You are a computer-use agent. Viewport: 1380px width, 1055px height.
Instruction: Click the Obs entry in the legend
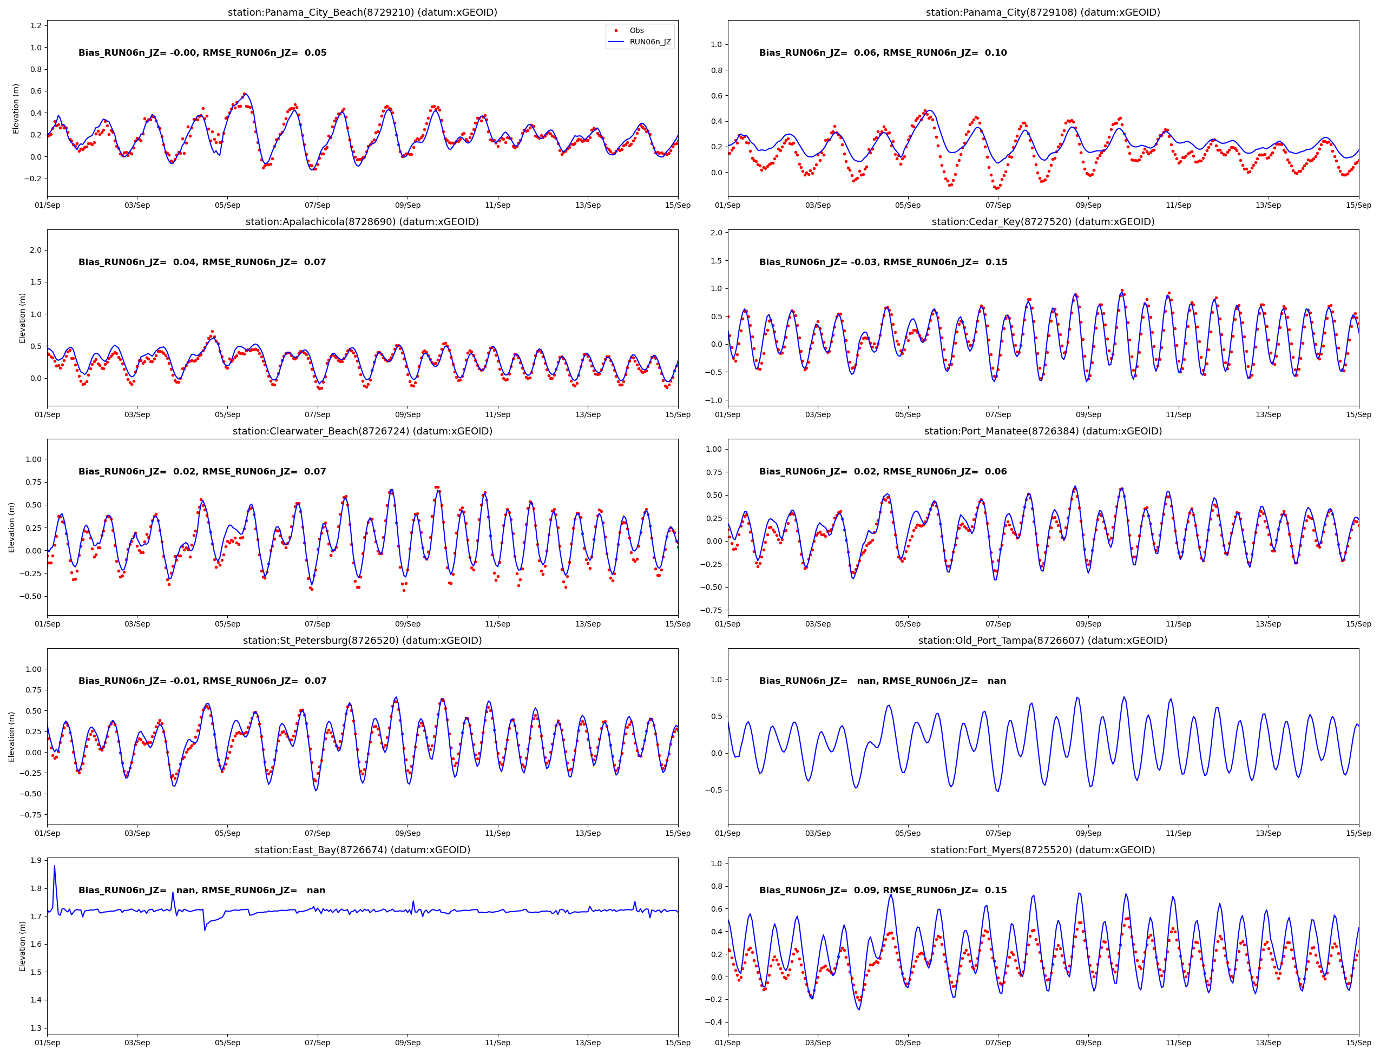(636, 30)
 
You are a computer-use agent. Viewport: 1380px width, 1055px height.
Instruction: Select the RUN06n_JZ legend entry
(649, 42)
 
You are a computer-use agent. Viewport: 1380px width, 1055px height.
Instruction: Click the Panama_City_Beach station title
(363, 12)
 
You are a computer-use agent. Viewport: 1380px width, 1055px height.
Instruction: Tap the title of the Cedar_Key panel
(1043, 222)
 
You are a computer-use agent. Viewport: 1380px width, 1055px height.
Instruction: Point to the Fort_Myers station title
(1043, 849)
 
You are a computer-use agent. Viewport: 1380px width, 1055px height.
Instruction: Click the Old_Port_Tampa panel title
(1043, 641)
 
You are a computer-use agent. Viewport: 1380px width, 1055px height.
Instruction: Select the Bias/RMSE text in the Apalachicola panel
(202, 262)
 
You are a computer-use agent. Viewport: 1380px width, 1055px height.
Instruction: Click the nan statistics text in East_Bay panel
(202, 890)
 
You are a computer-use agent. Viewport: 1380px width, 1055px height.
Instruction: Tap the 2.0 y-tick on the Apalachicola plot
(36, 250)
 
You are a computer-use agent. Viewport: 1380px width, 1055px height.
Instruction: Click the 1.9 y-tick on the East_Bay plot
(36, 860)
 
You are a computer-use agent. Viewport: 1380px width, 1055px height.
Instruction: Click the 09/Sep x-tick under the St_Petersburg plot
(408, 833)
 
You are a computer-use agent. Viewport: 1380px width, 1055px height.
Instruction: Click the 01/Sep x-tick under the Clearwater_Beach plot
(47, 624)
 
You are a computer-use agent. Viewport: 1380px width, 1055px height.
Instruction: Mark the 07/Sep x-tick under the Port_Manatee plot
(998, 624)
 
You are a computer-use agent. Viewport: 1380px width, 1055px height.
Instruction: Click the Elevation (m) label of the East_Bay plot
(23, 946)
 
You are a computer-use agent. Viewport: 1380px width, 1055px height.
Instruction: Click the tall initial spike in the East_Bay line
(54, 867)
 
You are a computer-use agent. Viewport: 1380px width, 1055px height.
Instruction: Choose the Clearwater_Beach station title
(363, 431)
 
